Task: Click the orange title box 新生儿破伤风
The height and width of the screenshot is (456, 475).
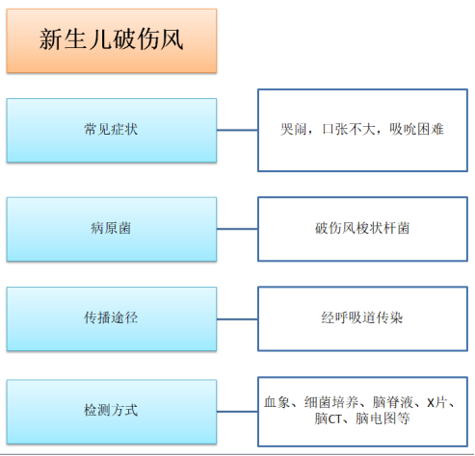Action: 112,40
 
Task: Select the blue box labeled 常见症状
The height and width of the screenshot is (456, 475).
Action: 112,130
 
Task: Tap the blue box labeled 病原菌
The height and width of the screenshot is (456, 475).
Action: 112,229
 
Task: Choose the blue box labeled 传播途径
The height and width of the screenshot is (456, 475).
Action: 112,318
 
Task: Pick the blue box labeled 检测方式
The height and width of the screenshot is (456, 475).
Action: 112,412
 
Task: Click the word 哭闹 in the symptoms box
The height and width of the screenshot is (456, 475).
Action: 294,129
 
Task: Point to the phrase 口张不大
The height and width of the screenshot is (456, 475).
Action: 349,129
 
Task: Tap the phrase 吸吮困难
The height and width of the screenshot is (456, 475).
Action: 416,129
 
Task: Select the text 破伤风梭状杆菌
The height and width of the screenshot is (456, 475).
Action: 362,228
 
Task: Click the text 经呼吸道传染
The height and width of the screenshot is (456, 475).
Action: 362,317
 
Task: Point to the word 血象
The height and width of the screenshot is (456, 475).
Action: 277,402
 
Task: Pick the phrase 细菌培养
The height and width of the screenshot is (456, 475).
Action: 331,402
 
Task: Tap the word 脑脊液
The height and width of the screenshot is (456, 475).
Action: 393,402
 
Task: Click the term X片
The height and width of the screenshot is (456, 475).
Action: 436,402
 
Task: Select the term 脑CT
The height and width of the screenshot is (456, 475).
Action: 328,418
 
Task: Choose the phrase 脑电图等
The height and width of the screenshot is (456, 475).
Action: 383,418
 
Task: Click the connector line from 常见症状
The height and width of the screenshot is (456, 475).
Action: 237,130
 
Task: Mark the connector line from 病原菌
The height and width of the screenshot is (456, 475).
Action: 237,229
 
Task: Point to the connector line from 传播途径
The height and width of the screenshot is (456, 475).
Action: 237,319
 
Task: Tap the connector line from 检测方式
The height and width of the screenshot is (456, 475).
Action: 237,412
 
